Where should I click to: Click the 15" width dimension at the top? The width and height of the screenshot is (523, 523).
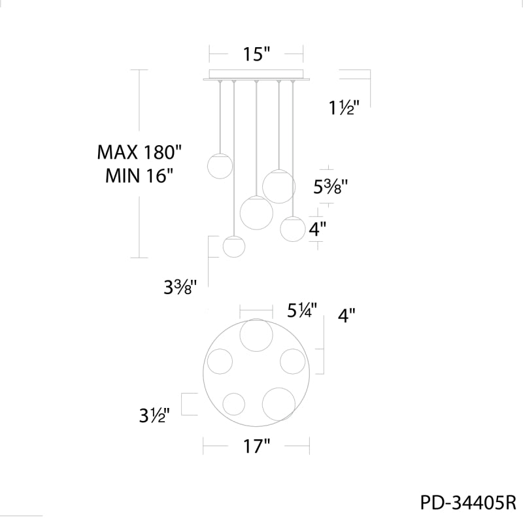pos(256,54)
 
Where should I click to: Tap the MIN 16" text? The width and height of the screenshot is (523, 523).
pos(140,175)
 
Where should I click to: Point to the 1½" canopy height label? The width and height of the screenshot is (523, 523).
pos(344,107)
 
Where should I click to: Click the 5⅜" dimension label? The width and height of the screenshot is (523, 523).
pos(331,187)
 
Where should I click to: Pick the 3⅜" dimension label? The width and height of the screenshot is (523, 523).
pos(180,287)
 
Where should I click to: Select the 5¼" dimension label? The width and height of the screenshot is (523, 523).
pos(302,310)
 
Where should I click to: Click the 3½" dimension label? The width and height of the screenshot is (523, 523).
pos(154,416)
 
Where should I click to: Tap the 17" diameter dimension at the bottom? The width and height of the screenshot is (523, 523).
pos(256,446)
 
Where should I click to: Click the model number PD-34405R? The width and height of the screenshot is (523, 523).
pos(468,503)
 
